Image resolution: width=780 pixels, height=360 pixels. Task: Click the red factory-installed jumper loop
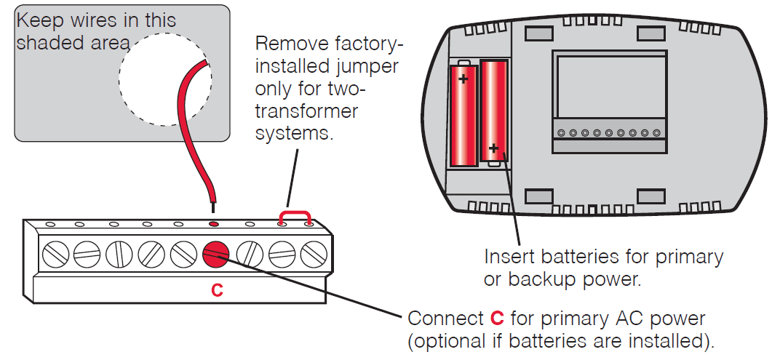click(296, 214)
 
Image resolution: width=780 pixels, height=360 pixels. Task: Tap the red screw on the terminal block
click(216, 254)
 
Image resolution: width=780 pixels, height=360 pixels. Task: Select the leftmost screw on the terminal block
click(55, 254)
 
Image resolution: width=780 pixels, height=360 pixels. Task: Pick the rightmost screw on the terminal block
click(313, 254)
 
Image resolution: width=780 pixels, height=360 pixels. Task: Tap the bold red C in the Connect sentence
click(497, 319)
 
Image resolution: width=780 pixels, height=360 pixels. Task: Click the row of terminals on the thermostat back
click(608, 133)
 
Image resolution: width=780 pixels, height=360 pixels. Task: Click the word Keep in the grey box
click(36, 19)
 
